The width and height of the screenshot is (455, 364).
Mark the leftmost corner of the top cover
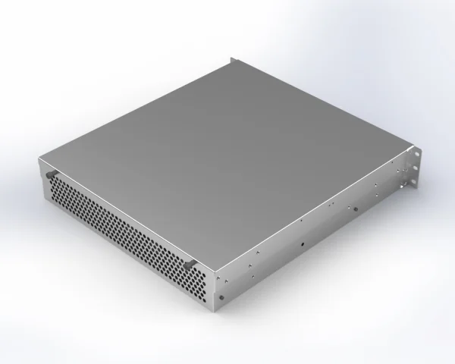click(38, 157)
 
